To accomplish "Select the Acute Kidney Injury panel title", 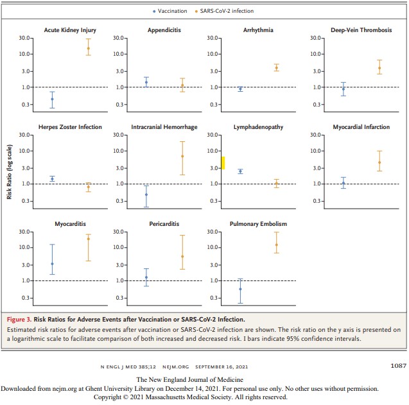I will coord(70,30).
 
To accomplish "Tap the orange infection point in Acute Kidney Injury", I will coord(89,48).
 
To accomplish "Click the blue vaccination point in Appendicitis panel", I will coord(146,82).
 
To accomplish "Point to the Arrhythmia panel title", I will coord(259,30).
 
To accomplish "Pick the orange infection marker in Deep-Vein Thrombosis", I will coord(379,68).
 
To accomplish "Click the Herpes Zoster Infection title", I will coord(70,127).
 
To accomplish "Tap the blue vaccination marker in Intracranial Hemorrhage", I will coord(146,194).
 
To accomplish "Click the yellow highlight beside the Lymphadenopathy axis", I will coord(223,162).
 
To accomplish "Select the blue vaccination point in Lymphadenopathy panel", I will coord(240,171).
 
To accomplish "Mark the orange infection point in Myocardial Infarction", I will coord(379,162).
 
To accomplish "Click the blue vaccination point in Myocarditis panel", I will coord(52,264).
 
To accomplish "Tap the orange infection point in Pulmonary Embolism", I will coord(277,245).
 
